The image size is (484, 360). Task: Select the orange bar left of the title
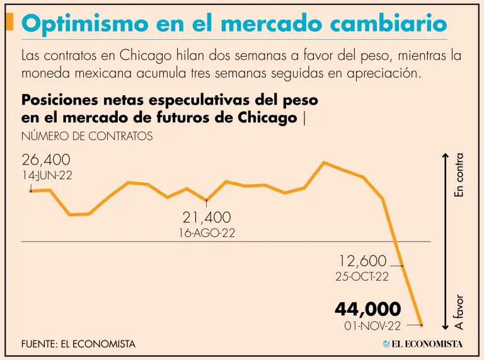(9, 22)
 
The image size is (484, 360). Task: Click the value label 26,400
(46, 160)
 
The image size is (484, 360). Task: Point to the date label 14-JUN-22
(47, 175)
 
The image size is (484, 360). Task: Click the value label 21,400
(207, 218)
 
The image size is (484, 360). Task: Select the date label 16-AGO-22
(207, 233)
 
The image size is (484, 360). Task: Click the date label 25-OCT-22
(362, 276)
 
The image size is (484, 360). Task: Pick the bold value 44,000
(367, 309)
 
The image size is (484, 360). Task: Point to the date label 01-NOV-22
(372, 325)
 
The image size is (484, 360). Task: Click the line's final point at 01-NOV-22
(422, 325)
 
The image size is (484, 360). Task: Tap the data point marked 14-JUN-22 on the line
(30, 190)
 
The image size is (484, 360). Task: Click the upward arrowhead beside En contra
(445, 156)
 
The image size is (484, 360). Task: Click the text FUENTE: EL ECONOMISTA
(78, 344)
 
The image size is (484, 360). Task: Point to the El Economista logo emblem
(386, 344)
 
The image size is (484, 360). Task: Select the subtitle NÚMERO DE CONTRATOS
(86, 136)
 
